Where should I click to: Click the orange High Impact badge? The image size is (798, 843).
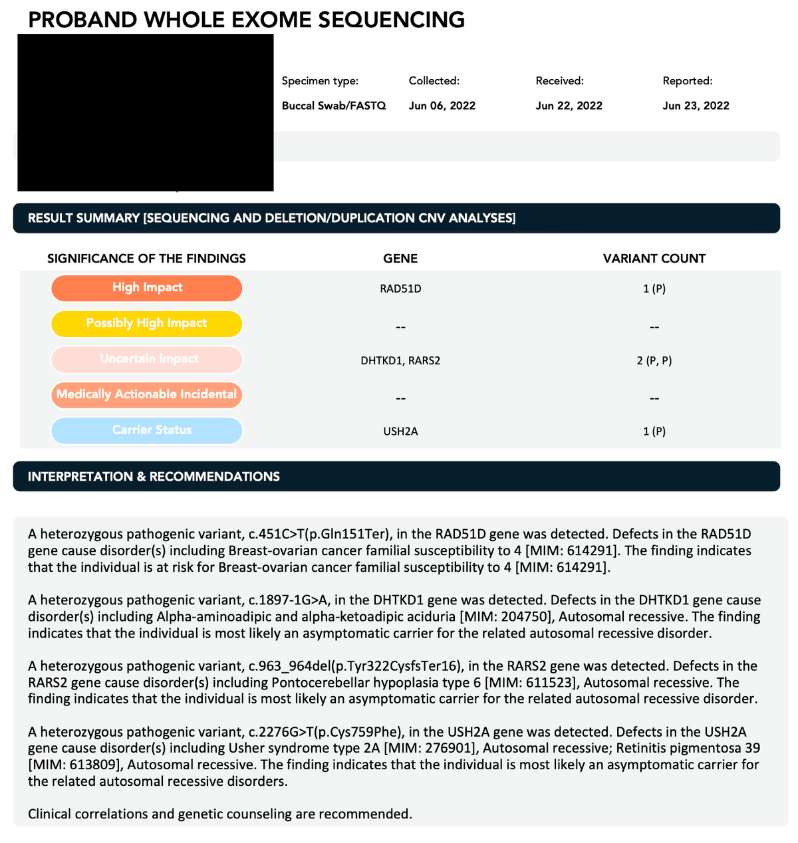point(147,288)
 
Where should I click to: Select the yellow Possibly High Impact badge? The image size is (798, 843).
point(147,324)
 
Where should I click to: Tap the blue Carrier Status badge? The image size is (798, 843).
point(147,430)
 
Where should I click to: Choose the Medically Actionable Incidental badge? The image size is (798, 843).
point(147,395)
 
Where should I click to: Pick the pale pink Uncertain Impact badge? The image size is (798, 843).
point(147,359)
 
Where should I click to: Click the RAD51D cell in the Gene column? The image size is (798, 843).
point(400,289)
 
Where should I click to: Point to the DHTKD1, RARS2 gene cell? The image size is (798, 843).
point(400,360)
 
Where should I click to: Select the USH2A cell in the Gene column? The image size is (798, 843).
point(400,431)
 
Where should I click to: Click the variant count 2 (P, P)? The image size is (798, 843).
point(654,360)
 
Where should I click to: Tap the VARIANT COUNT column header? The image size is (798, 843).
point(654,259)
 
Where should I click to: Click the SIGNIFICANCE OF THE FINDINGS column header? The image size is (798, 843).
point(146,259)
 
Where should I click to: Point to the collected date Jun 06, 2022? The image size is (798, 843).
point(442,106)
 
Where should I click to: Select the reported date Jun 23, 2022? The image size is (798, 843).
point(696,106)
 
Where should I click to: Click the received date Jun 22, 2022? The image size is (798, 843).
point(569,106)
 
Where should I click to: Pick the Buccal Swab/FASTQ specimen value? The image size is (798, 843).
point(334,106)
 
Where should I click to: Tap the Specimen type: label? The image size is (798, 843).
point(320,81)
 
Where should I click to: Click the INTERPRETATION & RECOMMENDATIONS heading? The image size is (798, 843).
point(154,477)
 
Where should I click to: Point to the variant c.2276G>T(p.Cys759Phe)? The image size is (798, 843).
point(325,733)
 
